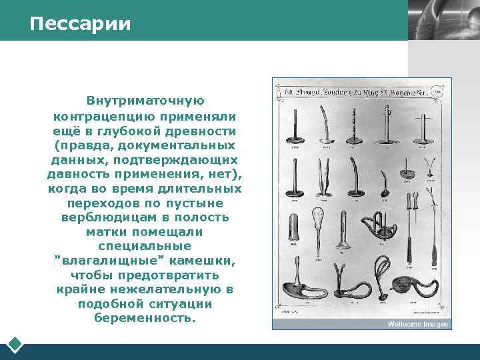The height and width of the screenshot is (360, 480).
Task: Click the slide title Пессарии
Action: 80,24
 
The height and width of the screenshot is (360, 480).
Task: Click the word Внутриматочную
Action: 145,101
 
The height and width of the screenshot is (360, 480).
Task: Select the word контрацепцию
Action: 99,115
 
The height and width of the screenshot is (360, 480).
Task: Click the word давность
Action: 79,174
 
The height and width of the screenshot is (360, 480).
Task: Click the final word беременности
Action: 145,319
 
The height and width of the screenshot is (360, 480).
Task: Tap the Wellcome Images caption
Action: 418,325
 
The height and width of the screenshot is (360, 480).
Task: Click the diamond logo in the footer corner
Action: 15,345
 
